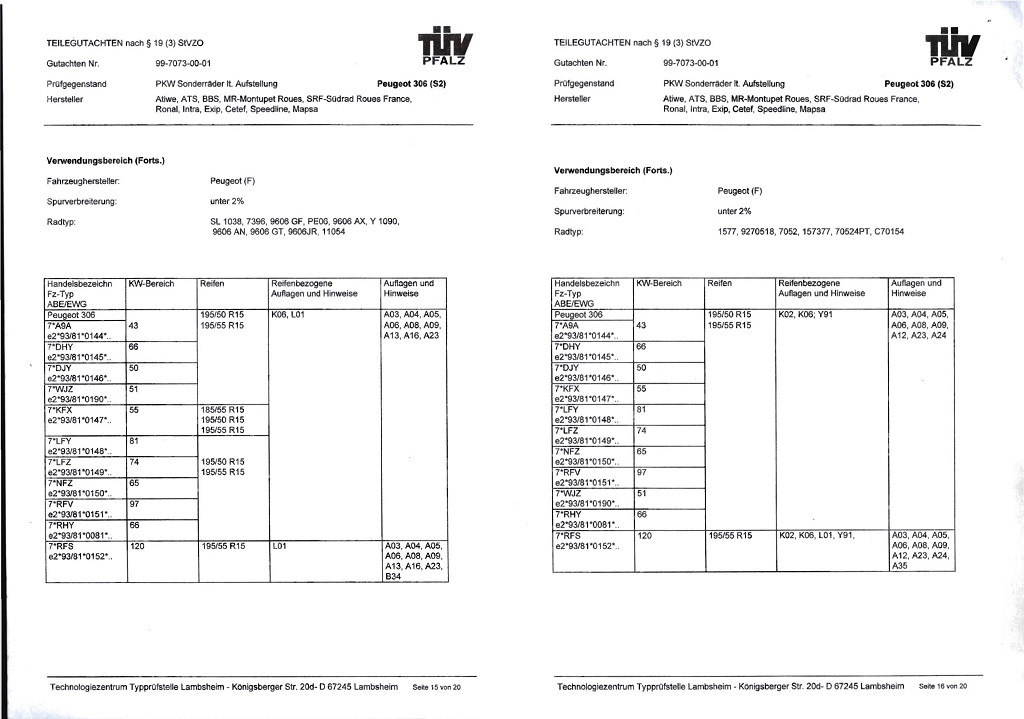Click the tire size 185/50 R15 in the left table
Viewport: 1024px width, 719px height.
click(222, 409)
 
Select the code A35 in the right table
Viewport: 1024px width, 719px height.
click(901, 566)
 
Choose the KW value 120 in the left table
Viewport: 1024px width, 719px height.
click(137, 546)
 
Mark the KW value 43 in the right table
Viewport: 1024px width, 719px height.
click(642, 325)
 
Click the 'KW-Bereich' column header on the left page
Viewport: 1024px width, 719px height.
click(152, 284)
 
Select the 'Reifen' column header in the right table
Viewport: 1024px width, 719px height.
click(720, 284)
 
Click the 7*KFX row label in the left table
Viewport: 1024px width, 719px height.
click(61, 409)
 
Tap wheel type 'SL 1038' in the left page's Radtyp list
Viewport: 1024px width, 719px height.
click(228, 221)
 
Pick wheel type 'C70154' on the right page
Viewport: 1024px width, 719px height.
click(889, 231)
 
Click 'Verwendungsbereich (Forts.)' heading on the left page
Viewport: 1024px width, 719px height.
click(106, 160)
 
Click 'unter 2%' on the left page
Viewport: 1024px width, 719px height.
click(228, 201)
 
